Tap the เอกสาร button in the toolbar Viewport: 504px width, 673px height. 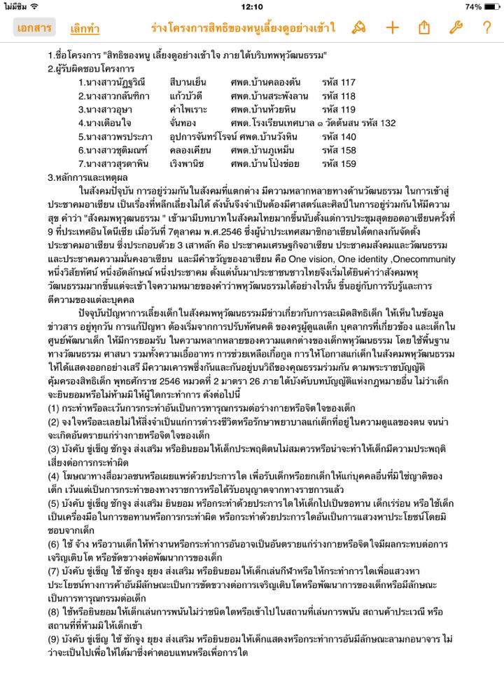(34, 28)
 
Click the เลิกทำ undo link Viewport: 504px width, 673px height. (85, 29)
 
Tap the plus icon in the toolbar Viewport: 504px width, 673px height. (392, 28)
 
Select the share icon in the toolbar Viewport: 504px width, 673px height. (423, 28)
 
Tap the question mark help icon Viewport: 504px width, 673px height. (486, 28)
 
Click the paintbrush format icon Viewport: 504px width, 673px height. (359, 28)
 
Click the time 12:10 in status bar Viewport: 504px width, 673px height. (251, 6)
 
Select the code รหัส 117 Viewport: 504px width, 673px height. (339, 82)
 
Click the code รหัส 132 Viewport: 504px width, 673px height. (379, 122)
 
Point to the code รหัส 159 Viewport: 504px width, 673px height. (339, 163)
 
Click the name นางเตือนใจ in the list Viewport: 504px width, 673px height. (106, 123)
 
